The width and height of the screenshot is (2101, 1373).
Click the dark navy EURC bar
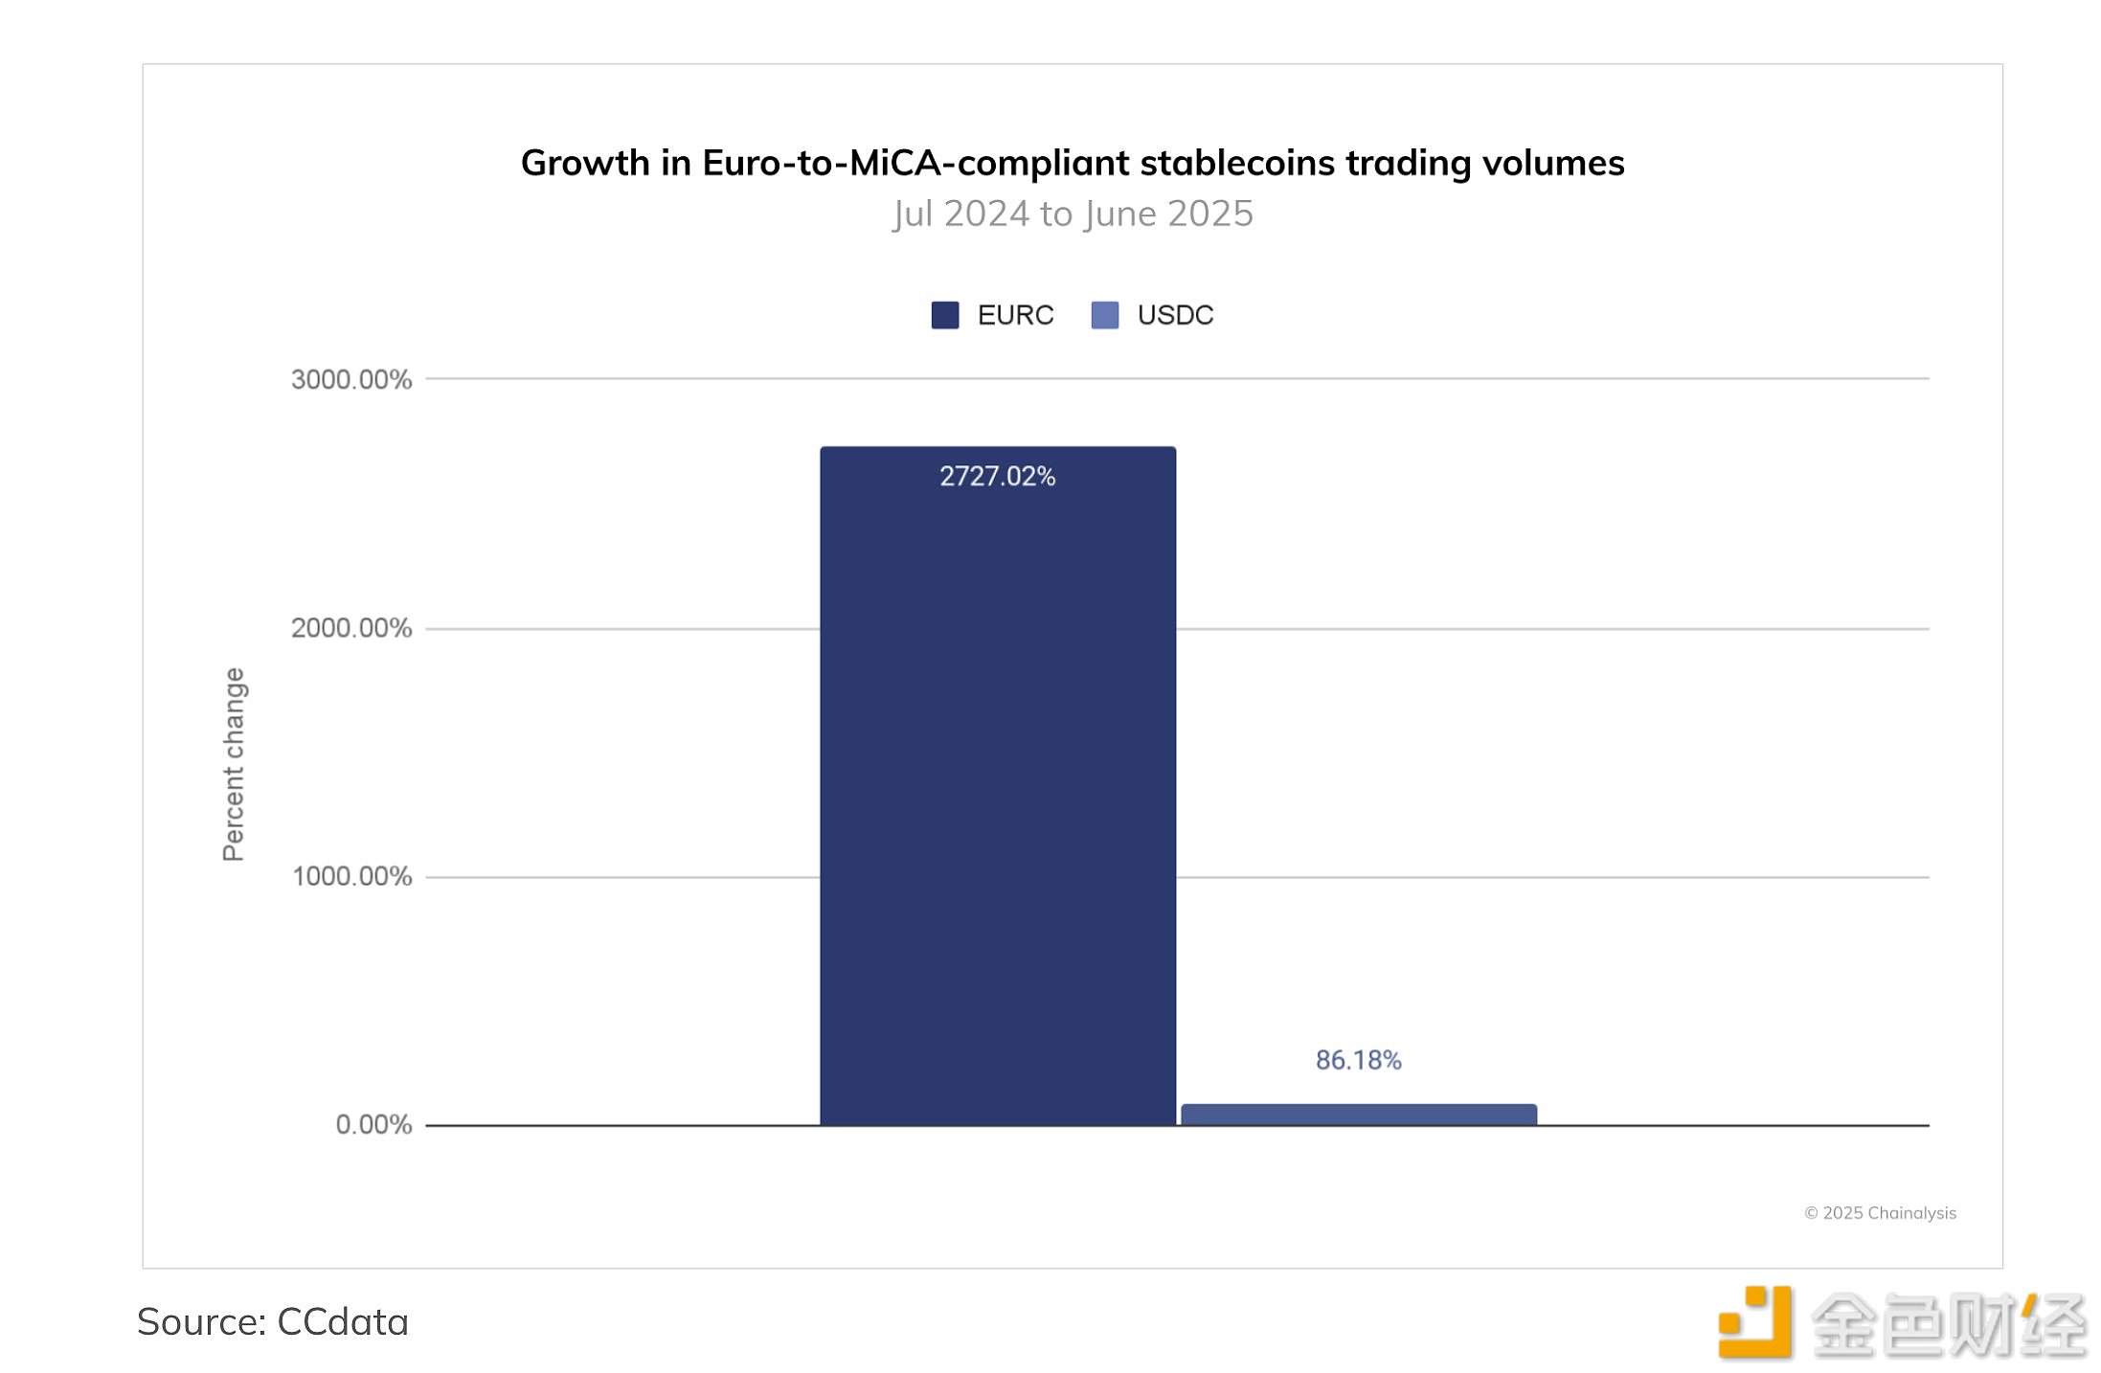point(997,785)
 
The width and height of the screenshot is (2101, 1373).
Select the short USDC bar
point(1358,1114)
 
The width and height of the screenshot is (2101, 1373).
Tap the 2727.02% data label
point(997,477)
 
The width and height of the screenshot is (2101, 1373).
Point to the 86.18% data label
point(1358,1060)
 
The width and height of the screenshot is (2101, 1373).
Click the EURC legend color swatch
point(944,315)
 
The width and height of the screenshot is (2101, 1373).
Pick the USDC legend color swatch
point(1104,315)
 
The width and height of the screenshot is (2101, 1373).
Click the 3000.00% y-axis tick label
point(351,379)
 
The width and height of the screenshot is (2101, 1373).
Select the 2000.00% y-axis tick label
point(351,628)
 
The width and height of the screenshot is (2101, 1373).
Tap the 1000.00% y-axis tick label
point(351,876)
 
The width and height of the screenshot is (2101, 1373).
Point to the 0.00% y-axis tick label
point(373,1124)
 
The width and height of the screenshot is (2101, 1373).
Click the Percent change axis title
point(234,764)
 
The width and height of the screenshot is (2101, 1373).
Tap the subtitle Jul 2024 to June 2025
point(1073,214)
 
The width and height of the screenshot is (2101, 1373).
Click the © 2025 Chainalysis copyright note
point(1880,1213)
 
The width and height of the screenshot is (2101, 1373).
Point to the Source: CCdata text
point(273,1322)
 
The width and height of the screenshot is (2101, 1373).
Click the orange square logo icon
point(1754,1322)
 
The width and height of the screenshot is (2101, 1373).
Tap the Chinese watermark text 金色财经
point(1948,1325)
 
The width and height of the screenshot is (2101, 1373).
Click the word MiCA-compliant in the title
point(989,164)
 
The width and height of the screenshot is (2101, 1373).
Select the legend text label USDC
point(1175,315)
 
